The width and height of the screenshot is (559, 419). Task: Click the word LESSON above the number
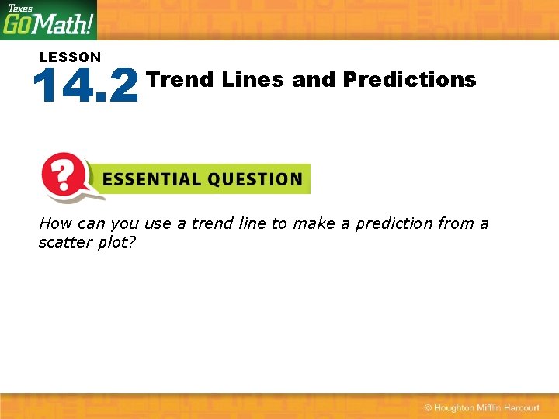(x=70, y=57)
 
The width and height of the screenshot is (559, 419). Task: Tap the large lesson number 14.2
(x=85, y=85)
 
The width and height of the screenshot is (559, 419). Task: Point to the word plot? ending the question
(x=116, y=241)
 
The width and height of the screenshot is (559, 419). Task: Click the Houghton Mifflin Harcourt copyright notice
(x=481, y=408)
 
